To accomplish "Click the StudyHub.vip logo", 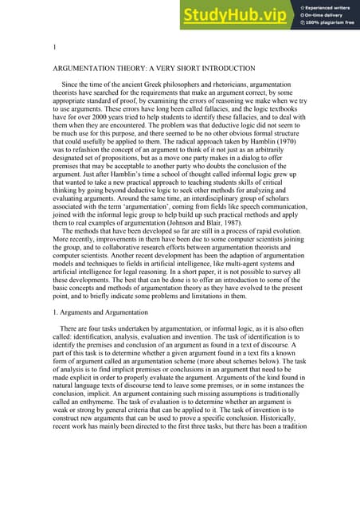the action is coord(235,15).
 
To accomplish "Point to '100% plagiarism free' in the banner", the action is coord(332,23).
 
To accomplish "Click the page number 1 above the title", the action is coord(53,49).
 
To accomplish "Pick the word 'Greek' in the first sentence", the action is coord(151,84).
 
